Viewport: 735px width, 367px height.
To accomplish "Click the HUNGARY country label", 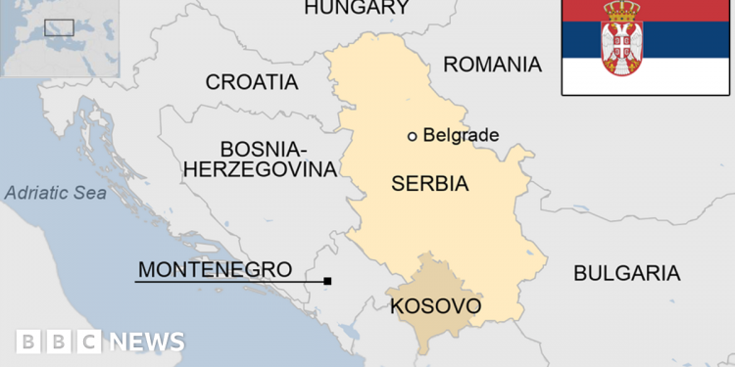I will pos(357,9).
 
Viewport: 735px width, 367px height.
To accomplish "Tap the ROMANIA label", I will pos(492,65).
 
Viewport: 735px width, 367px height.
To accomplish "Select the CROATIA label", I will pos(251,82).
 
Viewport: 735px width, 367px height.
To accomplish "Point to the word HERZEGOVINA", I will pos(260,169).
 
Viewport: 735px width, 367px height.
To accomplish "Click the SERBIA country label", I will pos(429,183).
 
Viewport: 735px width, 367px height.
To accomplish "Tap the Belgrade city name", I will pos(461,136).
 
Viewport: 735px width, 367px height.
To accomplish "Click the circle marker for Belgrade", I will pos(413,136).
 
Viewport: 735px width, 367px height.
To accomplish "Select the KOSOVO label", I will pos(435,306).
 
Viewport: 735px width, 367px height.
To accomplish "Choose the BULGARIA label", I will pos(626,273).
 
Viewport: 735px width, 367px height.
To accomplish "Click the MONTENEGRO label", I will pos(215,268).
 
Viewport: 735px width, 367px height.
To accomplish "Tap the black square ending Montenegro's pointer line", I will pos(327,282).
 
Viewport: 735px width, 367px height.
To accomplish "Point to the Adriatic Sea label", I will pos(55,193).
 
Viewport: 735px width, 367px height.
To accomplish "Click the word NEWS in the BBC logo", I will pos(146,342).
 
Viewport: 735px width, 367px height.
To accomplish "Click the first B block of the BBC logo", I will pos(29,342).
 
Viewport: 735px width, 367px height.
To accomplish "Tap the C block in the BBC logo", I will pos(88,342).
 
